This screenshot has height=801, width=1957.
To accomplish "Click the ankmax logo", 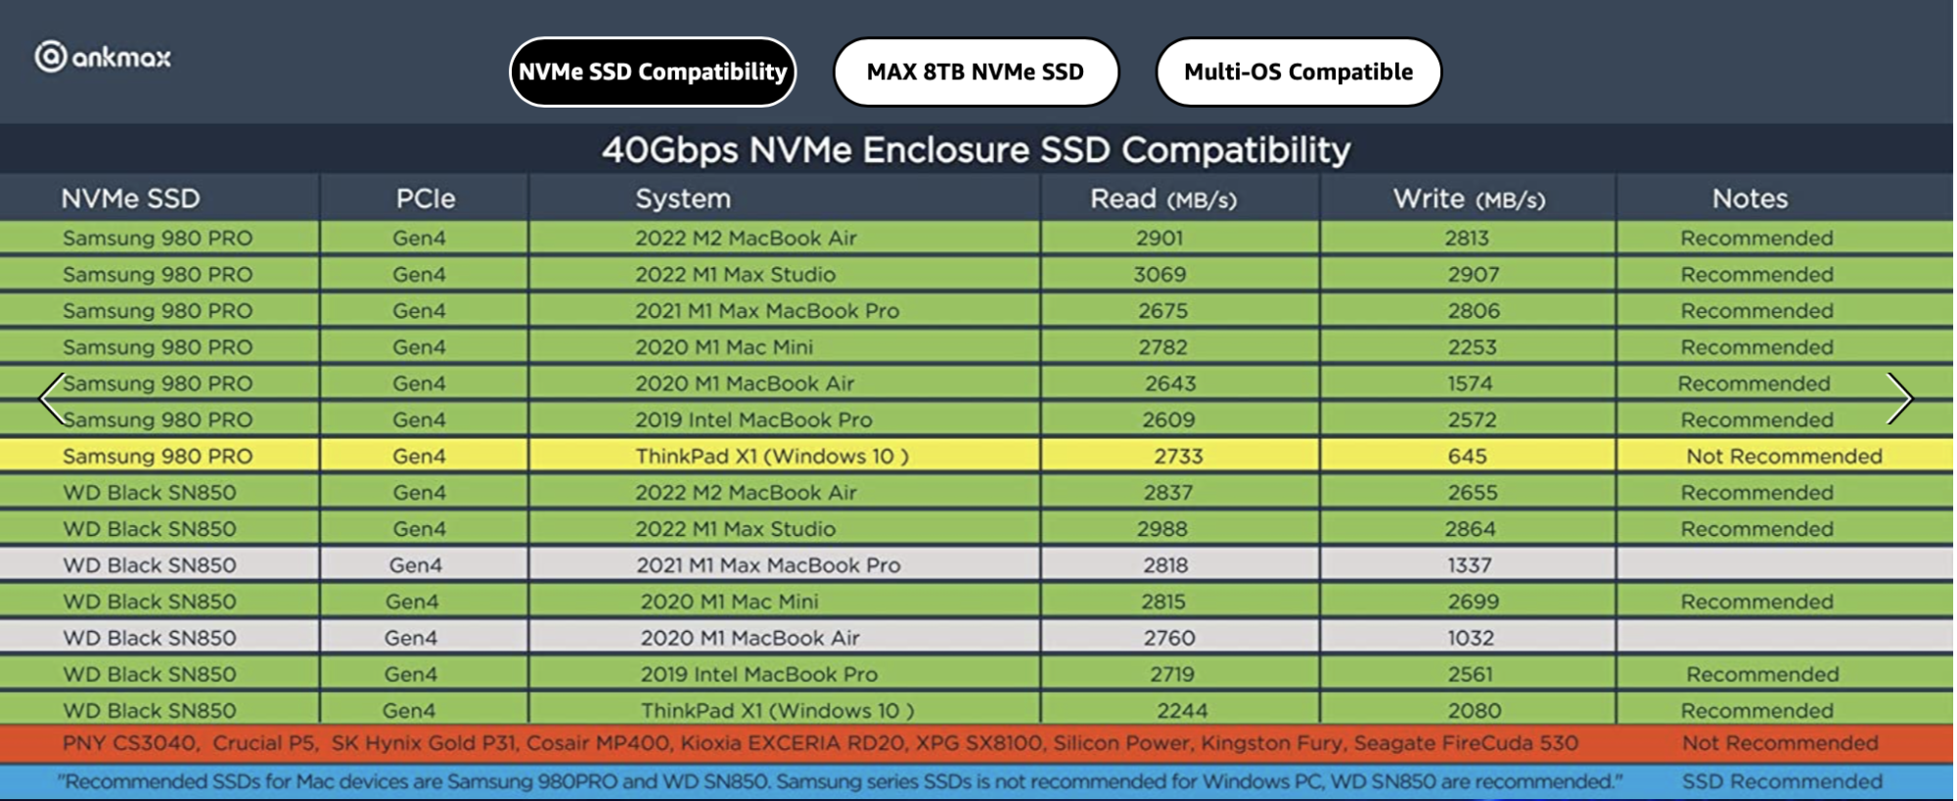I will tap(103, 57).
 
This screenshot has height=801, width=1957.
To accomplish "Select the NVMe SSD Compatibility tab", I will tap(653, 71).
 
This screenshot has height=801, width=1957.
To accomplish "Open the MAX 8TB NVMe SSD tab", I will tap(976, 71).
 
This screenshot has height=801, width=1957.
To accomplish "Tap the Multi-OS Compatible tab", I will tap(1298, 71).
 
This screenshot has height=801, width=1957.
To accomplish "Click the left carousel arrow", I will tap(52, 398).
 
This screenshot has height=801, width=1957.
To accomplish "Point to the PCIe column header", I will tap(426, 199).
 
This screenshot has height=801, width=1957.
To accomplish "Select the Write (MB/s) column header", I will tap(1469, 200).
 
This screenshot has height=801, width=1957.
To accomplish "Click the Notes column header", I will tap(1750, 199).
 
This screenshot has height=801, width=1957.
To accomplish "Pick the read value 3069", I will tap(1160, 275).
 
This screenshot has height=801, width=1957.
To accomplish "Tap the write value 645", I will tap(1467, 456).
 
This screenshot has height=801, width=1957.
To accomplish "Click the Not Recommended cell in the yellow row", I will tap(1784, 456).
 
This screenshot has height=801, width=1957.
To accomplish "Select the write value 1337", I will tap(1470, 565).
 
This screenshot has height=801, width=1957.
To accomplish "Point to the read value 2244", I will tap(1182, 711).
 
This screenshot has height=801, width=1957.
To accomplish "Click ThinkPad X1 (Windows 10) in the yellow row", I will tap(772, 456).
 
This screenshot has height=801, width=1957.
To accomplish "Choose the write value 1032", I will tap(1471, 638).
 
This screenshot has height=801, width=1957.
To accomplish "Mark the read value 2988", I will tap(1161, 529).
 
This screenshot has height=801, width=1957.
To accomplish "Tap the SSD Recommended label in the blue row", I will tap(1782, 781).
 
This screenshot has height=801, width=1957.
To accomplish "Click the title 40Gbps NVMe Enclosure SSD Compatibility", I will tap(976, 150).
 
